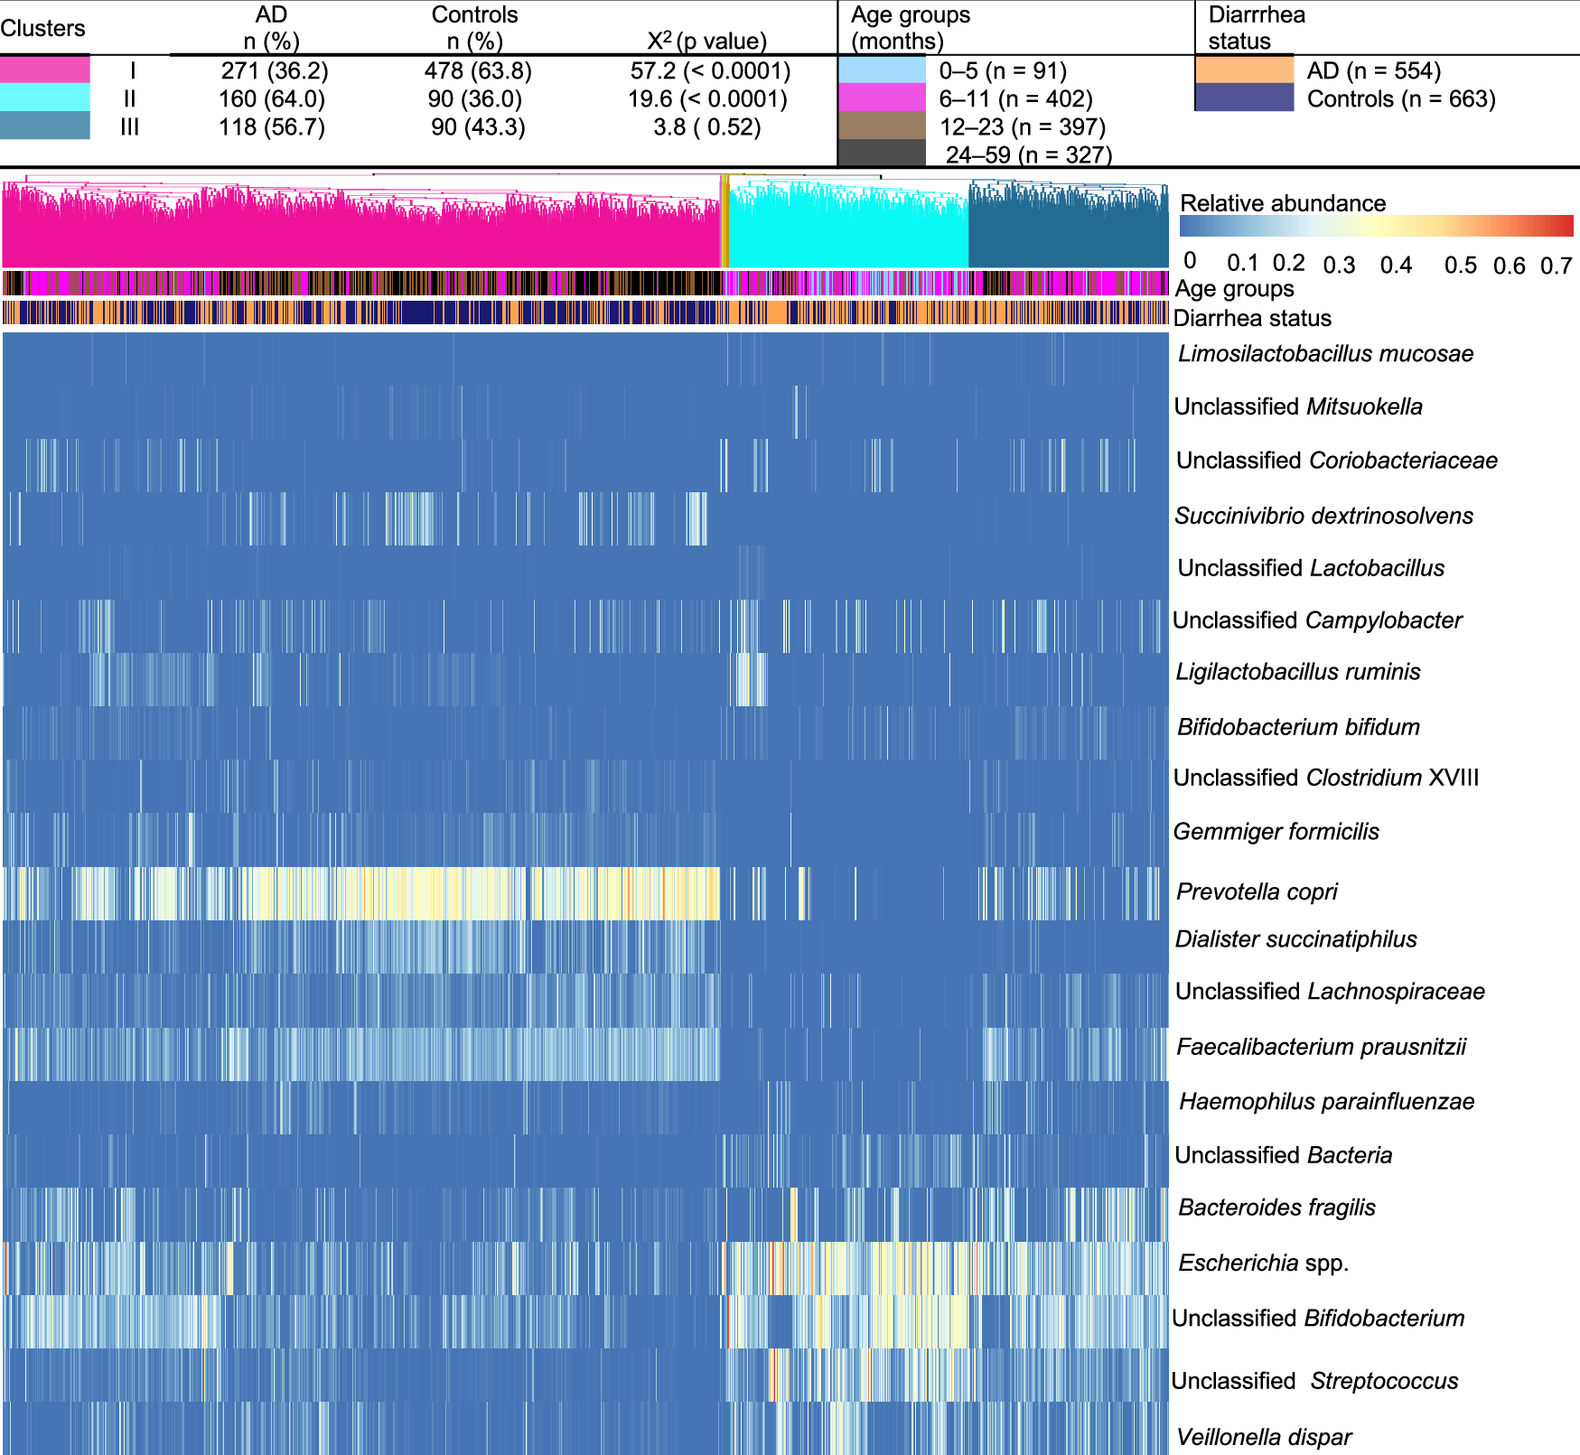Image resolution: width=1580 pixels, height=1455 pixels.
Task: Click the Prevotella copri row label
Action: pyautogui.click(x=1256, y=892)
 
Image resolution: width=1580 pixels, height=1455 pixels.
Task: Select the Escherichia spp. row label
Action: pyautogui.click(x=1263, y=1263)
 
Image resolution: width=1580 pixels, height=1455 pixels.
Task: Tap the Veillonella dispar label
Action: pyautogui.click(x=1263, y=1437)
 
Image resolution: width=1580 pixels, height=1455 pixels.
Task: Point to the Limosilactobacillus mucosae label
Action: pyautogui.click(x=1325, y=354)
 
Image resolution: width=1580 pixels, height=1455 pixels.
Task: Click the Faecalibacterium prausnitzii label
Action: pyautogui.click(x=1321, y=1047)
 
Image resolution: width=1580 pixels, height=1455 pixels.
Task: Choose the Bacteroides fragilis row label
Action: pyautogui.click(x=1276, y=1208)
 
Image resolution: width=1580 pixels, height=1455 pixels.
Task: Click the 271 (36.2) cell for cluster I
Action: pyautogui.click(x=274, y=70)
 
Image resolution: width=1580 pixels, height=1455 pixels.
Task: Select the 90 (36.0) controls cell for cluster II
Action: pyautogui.click(x=475, y=98)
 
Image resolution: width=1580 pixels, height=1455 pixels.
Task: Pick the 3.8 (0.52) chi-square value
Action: pyautogui.click(x=706, y=126)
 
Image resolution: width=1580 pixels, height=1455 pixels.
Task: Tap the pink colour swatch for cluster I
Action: pyautogui.click(x=45, y=70)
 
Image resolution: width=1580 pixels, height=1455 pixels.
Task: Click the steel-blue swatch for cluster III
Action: pyautogui.click(x=45, y=126)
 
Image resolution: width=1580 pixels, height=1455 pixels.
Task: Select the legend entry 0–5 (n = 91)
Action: pyautogui.click(x=1003, y=70)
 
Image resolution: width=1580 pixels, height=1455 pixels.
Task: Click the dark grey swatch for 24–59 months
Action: pyautogui.click(x=882, y=153)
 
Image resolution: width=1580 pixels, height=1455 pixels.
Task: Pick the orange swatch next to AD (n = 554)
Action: pyautogui.click(x=1244, y=70)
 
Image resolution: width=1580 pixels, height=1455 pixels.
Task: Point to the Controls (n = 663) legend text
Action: pyautogui.click(x=1401, y=98)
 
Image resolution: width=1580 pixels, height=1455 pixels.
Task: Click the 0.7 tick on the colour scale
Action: pyautogui.click(x=1556, y=266)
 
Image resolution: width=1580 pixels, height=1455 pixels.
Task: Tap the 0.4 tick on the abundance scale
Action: pyautogui.click(x=1396, y=266)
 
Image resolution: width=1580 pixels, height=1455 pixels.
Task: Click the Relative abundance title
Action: pyautogui.click(x=1283, y=203)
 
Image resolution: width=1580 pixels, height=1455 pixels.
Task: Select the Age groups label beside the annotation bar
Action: pyautogui.click(x=1234, y=289)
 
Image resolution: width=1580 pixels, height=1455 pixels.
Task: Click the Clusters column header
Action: pyautogui.click(x=42, y=28)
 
